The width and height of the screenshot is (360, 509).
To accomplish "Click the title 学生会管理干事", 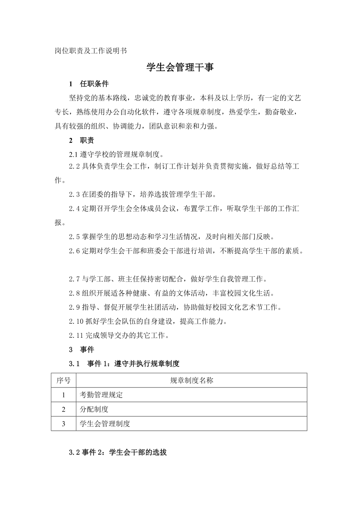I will (180, 68).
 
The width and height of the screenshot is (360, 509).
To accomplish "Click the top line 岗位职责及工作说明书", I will (90, 51).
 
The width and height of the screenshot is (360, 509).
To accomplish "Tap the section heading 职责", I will (86, 140).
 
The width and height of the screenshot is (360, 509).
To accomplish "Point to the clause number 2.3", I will (74, 194).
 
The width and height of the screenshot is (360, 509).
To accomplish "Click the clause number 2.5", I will (74, 237).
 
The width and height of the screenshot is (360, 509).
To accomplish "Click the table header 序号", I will (63, 380).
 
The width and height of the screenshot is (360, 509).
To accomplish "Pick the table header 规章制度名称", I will (191, 380).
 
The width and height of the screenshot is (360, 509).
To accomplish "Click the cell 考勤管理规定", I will (101, 395).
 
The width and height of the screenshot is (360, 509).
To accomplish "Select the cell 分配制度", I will (94, 409).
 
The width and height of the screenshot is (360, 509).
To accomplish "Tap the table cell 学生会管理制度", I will (104, 423).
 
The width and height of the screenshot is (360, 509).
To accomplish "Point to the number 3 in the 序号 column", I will (63, 423).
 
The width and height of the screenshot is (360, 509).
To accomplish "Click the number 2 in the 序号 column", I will (63, 409).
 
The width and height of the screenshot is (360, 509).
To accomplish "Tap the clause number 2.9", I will (74, 307).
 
